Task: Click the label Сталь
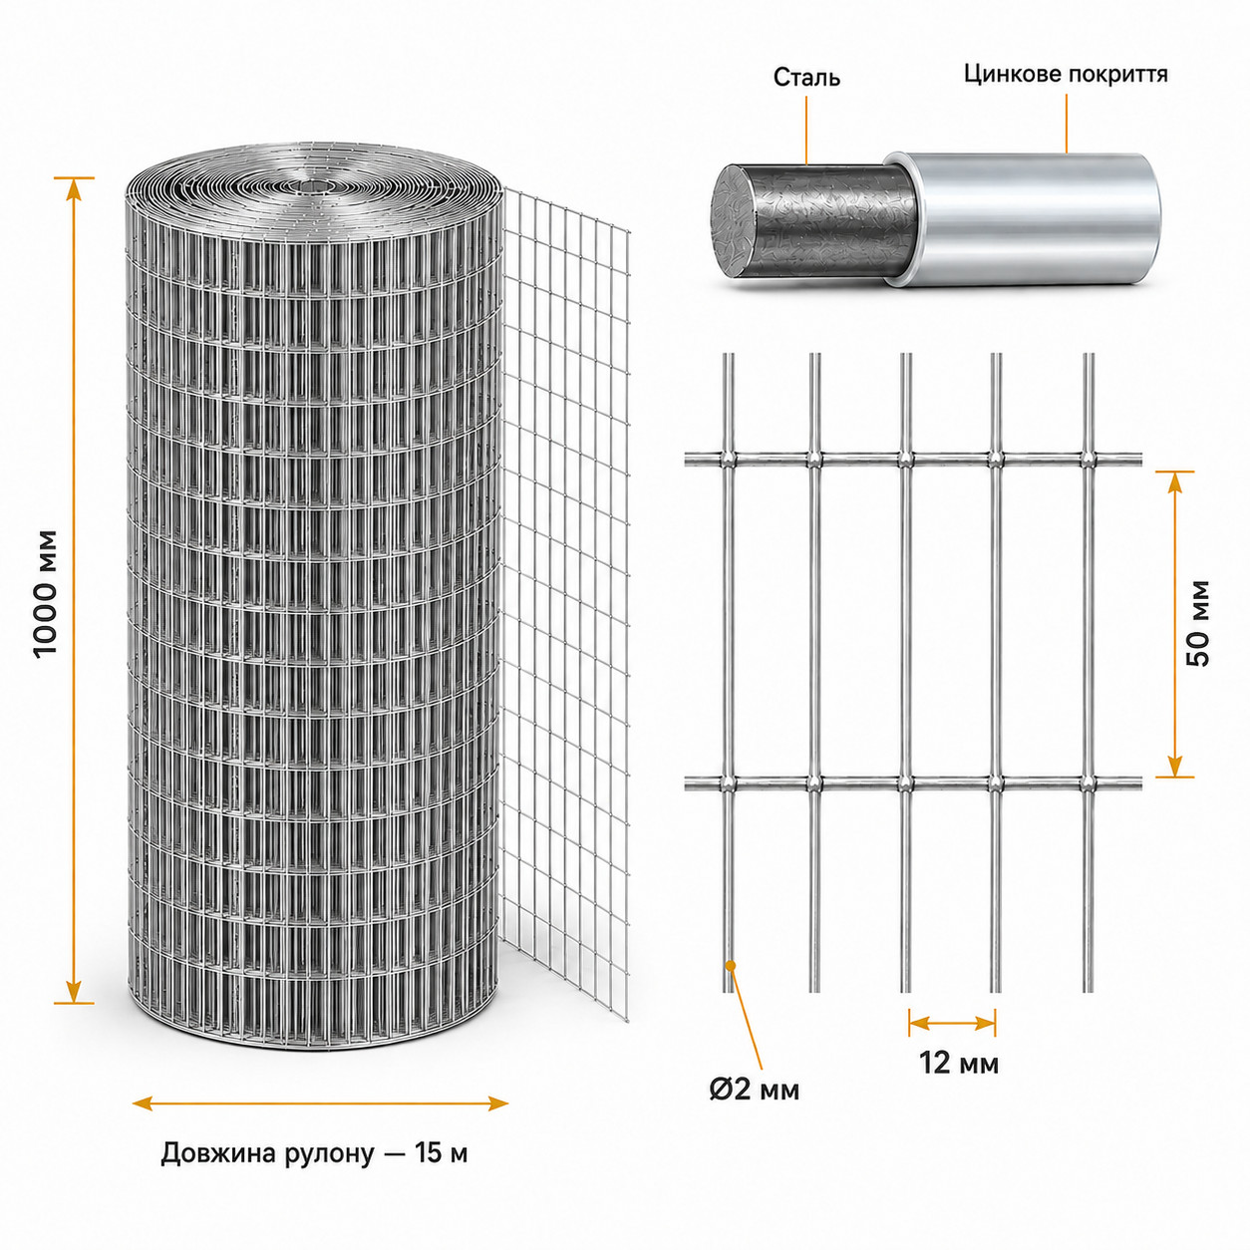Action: pyautogui.click(x=806, y=78)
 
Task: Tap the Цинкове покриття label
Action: pyautogui.click(x=1066, y=75)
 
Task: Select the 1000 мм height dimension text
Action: pyautogui.click(x=47, y=594)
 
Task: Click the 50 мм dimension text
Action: pyautogui.click(x=1197, y=623)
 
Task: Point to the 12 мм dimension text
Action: pyautogui.click(x=959, y=1063)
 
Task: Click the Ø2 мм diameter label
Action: pyautogui.click(x=755, y=1090)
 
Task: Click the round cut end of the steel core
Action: pyautogui.click(x=739, y=220)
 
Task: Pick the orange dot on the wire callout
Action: pyautogui.click(x=731, y=984)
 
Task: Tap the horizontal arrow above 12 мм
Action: pyautogui.click(x=952, y=1024)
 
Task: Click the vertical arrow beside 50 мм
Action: pyautogui.click(x=1174, y=623)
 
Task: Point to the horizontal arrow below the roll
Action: pyautogui.click(x=320, y=1102)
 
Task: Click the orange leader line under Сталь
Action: pyautogui.click(x=807, y=130)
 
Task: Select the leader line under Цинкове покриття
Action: pyautogui.click(x=1067, y=123)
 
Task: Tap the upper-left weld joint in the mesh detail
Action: pyautogui.click(x=729, y=460)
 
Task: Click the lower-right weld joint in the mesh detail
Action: pyautogui.click(x=1088, y=782)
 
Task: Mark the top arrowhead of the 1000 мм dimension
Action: pyautogui.click(x=74, y=189)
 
